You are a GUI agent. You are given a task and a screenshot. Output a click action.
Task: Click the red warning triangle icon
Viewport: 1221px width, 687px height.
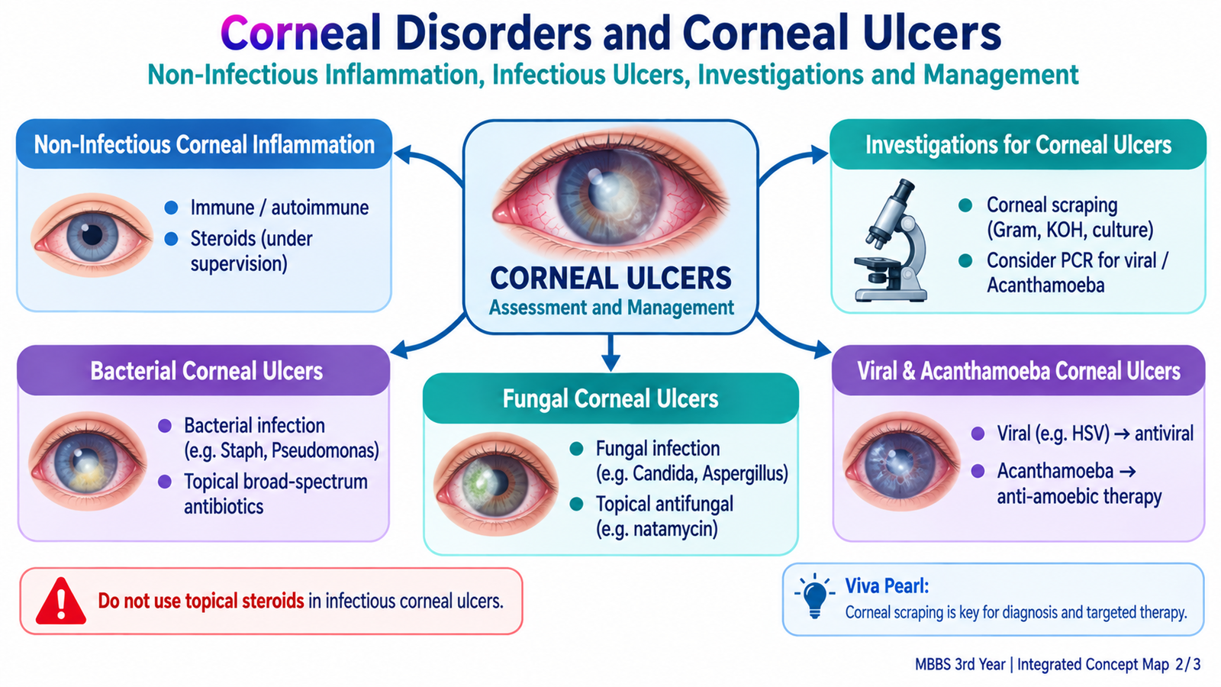click(60, 601)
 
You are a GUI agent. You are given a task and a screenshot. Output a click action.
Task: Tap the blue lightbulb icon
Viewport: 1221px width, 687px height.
click(814, 596)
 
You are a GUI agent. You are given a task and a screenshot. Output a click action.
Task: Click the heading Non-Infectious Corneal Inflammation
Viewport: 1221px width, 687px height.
click(205, 145)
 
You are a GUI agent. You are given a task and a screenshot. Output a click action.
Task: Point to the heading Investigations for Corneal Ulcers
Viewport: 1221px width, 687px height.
click(1018, 145)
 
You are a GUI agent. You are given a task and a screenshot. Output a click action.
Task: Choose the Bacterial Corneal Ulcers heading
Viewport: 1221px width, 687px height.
click(207, 371)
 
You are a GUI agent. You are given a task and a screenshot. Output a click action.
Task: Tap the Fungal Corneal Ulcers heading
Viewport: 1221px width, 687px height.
click(610, 398)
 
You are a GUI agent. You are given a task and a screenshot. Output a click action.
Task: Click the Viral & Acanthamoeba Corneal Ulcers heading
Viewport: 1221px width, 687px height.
click(1019, 371)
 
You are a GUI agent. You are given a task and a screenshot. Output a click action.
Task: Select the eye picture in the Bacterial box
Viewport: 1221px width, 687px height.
click(88, 461)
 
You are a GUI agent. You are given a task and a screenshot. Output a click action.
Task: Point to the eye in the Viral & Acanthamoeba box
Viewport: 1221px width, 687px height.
click(901, 461)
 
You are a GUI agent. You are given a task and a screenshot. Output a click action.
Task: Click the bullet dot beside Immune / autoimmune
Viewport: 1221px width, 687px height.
click(171, 208)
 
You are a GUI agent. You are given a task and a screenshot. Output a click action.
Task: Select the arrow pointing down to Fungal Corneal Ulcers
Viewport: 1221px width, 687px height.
click(610, 353)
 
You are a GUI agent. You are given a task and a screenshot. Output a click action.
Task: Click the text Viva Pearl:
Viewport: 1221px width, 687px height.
click(887, 586)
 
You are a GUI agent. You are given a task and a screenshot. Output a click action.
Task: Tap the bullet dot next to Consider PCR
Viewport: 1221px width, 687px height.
click(965, 260)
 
